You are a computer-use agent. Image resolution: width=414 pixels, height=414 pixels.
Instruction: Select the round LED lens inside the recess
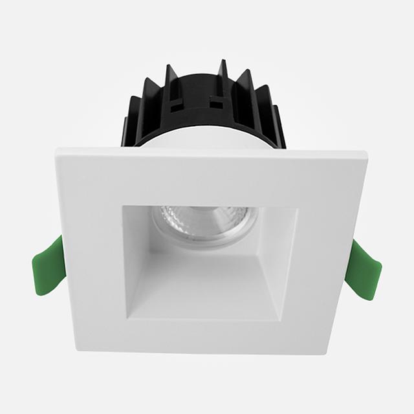tap(204, 223)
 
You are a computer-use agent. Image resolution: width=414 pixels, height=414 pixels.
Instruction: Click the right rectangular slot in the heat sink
tap(217, 103)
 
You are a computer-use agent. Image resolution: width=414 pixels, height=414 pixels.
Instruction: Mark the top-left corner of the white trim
tap(57, 151)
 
